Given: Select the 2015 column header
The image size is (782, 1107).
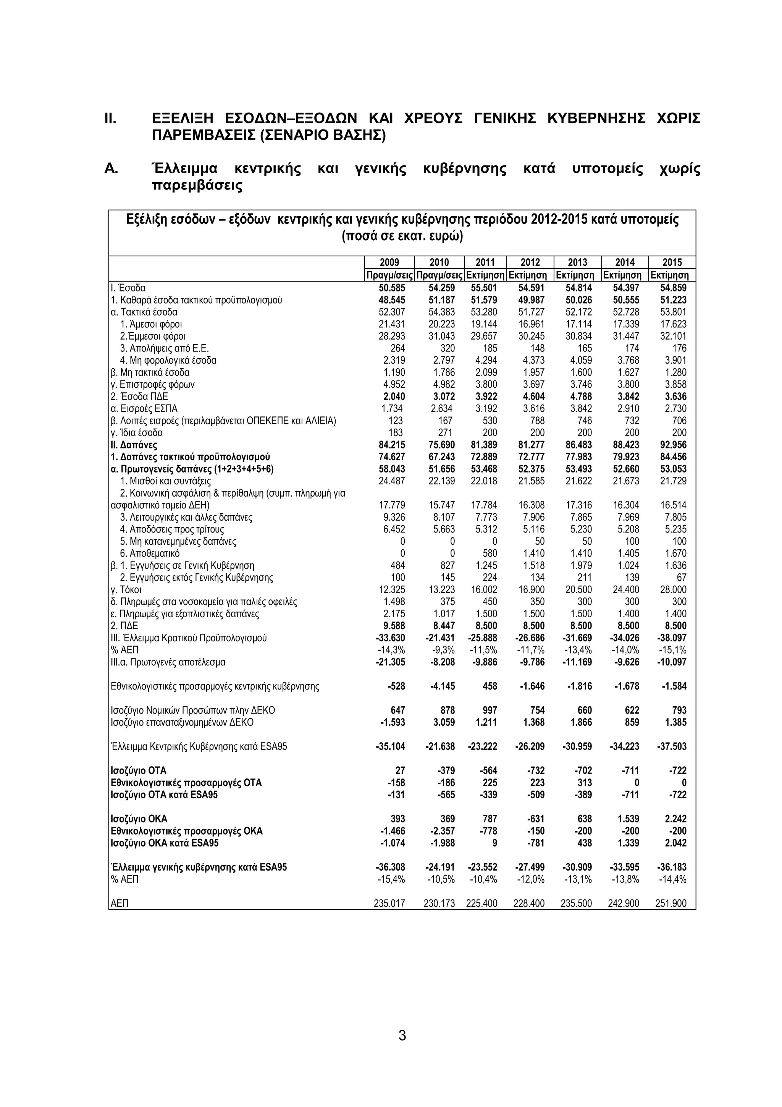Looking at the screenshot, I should click(672, 262).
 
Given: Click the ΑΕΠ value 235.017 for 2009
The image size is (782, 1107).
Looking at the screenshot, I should click(389, 903).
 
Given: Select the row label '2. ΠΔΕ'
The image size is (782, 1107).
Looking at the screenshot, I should click(124, 626).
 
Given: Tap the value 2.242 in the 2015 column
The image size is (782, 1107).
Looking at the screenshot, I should click(675, 819).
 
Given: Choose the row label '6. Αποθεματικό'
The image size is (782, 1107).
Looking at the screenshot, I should click(149, 553).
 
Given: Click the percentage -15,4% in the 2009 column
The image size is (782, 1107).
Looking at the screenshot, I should click(391, 879).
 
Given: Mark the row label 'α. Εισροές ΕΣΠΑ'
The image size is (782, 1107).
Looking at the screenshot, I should click(144, 408).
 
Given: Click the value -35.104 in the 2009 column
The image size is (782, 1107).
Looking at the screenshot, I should click(390, 746).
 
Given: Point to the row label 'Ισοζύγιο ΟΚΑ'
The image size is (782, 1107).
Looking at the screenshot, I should click(139, 819).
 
